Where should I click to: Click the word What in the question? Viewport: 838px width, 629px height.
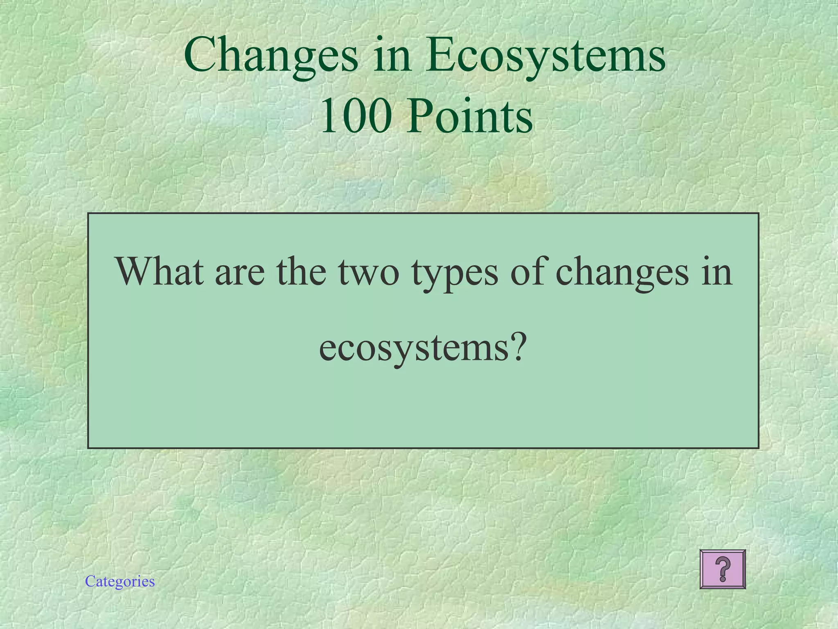160,271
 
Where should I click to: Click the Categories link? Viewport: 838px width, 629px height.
120,581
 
